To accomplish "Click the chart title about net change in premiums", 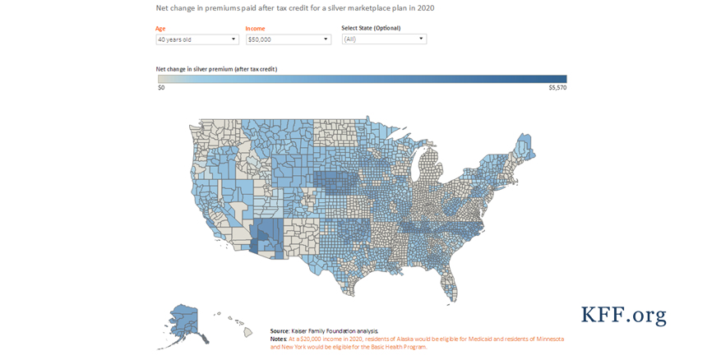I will (295, 8).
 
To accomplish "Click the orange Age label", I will (160, 29).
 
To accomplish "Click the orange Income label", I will (255, 29).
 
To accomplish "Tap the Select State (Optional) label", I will (371, 28).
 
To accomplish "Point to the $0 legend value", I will (162, 87).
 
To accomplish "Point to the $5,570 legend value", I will (557, 87).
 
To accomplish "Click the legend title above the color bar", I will (216, 69).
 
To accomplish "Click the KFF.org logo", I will (623, 315).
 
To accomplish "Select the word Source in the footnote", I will (280, 330).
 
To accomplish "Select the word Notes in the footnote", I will (278, 339).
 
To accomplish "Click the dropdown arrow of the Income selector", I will (326, 39).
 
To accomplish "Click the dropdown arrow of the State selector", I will (421, 39).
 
